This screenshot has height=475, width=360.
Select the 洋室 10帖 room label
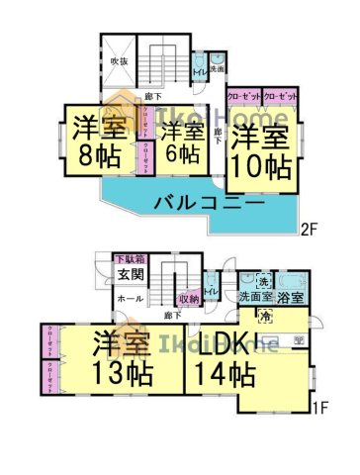[261, 149]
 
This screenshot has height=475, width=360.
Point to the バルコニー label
[208, 204]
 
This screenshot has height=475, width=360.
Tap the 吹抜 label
[119, 61]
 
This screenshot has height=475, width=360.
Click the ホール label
[130, 298]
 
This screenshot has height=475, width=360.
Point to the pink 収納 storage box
[189, 298]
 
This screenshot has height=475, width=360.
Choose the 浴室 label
[290, 297]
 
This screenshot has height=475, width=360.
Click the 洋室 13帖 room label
[123, 360]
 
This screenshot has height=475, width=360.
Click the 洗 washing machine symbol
[262, 278]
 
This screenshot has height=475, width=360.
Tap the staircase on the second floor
[158, 64]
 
